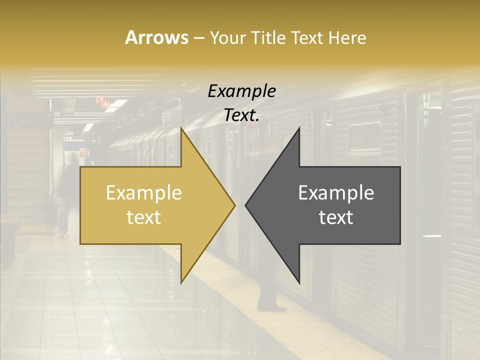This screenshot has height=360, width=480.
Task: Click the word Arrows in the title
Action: coord(156,37)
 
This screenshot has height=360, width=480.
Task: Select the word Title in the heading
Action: coord(269,38)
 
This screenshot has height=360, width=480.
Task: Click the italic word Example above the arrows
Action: coord(241,91)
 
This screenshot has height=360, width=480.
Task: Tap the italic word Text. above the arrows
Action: coord(241,115)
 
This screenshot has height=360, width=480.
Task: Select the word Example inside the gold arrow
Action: coord(143,193)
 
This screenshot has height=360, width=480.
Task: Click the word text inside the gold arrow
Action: coord(143,217)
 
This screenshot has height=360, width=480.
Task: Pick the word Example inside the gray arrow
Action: coord(336,193)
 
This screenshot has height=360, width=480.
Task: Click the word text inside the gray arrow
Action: coord(336,217)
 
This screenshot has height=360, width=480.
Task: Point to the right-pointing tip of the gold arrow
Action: coord(234,205)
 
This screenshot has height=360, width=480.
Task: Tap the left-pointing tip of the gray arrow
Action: coord(245,205)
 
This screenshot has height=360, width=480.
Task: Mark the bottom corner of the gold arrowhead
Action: coord(181,283)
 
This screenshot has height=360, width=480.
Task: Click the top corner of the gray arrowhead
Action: coord(299,128)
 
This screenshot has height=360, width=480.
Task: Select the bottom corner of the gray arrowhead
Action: coord(299,283)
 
